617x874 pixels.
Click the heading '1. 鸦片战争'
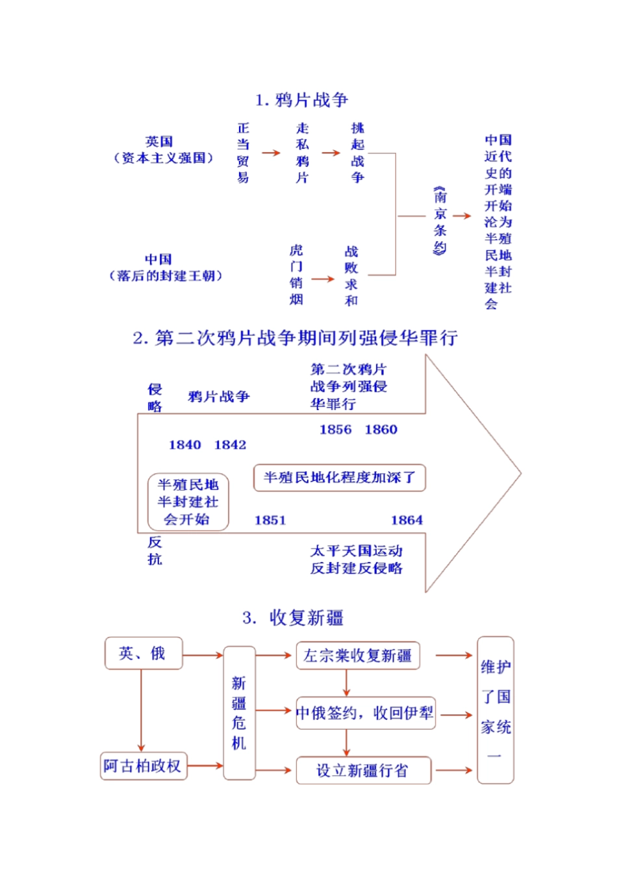coord(301,100)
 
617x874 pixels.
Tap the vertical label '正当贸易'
coord(243,153)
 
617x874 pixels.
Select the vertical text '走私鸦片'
coord(302,153)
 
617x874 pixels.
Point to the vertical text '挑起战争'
coord(357,153)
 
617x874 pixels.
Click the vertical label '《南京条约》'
coord(440,221)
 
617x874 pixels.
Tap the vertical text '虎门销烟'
coord(296,275)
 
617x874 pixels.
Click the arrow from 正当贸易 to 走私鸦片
coord(271,153)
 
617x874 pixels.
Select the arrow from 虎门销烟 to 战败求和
coord(323,279)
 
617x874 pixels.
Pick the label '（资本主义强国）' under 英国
coord(164,158)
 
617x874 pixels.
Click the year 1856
coord(335,430)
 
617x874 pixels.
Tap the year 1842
coord(230,445)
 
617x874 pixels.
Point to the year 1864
coord(407,520)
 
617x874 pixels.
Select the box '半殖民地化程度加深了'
coord(339,478)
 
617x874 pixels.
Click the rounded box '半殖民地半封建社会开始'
coord(188,502)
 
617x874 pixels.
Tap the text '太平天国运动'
coord(356,551)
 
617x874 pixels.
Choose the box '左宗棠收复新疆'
coord(357,656)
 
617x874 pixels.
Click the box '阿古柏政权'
coord(143,766)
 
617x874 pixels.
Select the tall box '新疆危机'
coord(239,713)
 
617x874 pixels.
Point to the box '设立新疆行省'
coord(363,771)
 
